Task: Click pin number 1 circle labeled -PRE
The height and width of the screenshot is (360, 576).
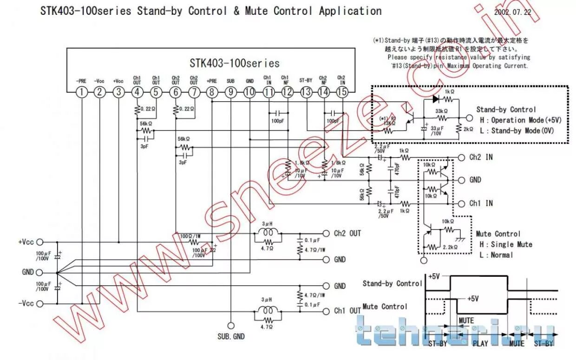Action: click(82, 92)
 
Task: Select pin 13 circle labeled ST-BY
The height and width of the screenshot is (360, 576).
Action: click(306, 92)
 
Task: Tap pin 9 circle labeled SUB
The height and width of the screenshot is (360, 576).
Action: click(230, 92)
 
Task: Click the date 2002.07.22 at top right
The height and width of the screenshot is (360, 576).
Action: click(512, 13)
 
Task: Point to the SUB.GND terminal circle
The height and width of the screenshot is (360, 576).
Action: click(230, 326)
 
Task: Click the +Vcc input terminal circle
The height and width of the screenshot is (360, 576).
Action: click(39, 242)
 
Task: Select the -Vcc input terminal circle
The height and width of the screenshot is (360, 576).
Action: click(39, 304)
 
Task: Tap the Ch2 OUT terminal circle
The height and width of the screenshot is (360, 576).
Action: click(325, 233)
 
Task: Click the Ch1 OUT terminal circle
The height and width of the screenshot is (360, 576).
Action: click(325, 310)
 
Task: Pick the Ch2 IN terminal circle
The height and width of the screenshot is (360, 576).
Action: click(461, 157)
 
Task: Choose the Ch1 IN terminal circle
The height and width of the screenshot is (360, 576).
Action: click(461, 203)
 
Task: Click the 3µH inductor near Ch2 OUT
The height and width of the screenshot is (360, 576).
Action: click(267, 231)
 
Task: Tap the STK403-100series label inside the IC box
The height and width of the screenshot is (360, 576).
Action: click(235, 63)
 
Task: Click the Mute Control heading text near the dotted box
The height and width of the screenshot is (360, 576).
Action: click(498, 234)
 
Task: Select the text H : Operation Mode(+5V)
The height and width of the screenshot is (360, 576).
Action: click(520, 120)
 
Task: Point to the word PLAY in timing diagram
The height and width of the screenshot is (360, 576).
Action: click(480, 343)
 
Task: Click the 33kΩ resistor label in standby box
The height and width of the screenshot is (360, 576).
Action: click(441, 111)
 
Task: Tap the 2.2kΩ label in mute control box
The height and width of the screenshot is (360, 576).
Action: click(449, 247)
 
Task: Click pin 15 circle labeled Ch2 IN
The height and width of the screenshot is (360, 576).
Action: click(341, 92)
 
